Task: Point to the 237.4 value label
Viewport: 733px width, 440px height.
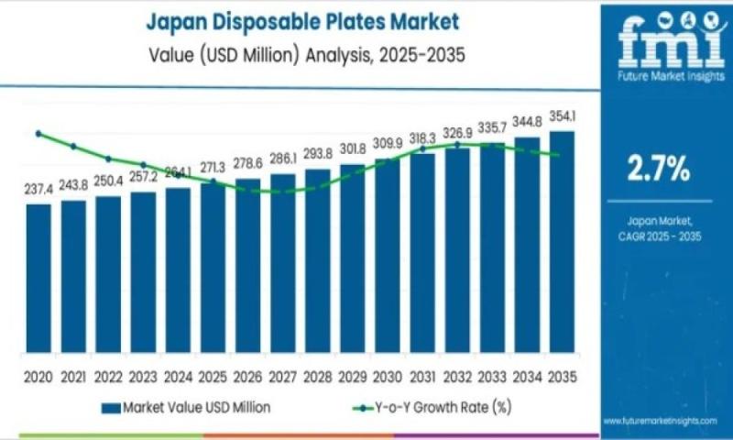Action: coord(38,188)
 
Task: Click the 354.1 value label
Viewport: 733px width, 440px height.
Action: coord(562,116)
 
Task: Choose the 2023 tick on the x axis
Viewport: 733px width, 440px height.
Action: coord(143,376)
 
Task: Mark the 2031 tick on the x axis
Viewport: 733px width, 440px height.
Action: coord(422,376)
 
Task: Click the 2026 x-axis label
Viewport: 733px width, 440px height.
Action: coord(247,376)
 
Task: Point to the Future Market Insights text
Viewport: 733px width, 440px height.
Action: coord(659,79)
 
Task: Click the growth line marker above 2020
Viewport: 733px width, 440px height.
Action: coord(38,134)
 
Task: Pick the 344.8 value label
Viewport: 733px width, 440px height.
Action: coord(527,121)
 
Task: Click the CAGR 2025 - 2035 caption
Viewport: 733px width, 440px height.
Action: coord(659,236)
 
